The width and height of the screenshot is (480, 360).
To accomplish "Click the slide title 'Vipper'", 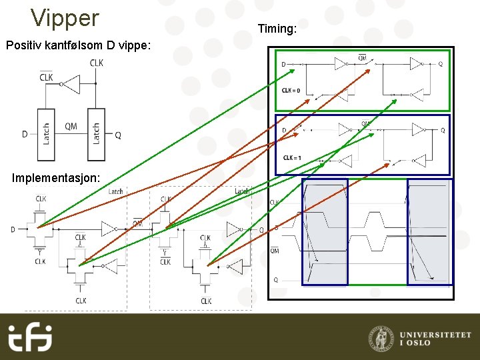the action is pos(65,18).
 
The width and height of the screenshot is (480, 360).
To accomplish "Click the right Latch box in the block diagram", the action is pos(96,135).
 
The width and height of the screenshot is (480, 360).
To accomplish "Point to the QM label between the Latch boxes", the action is pos(71,126).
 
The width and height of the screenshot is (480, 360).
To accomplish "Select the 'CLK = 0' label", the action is pos(291,90).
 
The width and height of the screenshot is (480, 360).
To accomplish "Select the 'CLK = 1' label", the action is pos(292,157).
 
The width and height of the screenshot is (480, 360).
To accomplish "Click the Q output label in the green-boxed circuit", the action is pos(440,64).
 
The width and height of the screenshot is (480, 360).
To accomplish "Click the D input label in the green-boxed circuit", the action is pos(283,64).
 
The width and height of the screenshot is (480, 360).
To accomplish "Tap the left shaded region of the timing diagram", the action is pos(325,231).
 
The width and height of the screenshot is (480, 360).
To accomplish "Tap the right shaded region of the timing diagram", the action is pos(429,231).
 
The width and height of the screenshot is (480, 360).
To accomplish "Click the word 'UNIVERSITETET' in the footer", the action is pos(435,335).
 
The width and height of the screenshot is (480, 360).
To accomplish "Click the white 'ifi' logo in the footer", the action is pos(30,337).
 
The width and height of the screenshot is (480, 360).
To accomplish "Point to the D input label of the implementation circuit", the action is pos(13,229).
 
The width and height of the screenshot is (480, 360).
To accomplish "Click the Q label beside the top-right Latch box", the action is pos(118,135).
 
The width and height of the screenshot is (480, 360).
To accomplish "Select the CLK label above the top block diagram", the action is pos(97,63).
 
